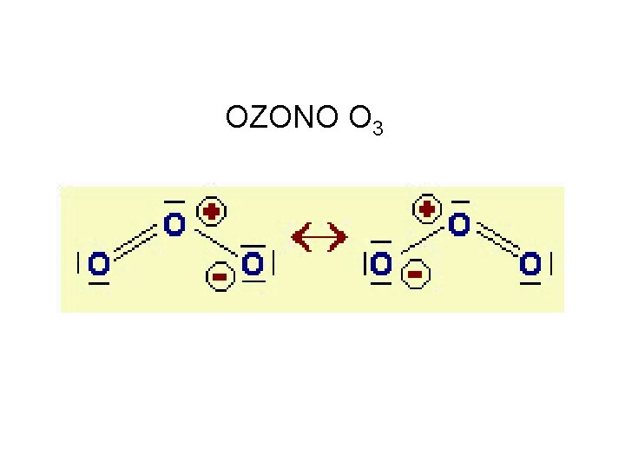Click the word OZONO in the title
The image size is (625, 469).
[280, 116]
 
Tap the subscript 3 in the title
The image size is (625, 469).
[377, 129]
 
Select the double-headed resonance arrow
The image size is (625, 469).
[319, 235]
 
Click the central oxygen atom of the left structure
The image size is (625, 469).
[174, 225]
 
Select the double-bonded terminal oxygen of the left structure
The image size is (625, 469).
[99, 262]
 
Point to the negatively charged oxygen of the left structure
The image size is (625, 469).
[252, 262]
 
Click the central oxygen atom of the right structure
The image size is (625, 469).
[459, 225]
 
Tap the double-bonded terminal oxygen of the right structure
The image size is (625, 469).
[530, 262]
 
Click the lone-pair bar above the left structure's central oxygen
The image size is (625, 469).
[174, 201]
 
